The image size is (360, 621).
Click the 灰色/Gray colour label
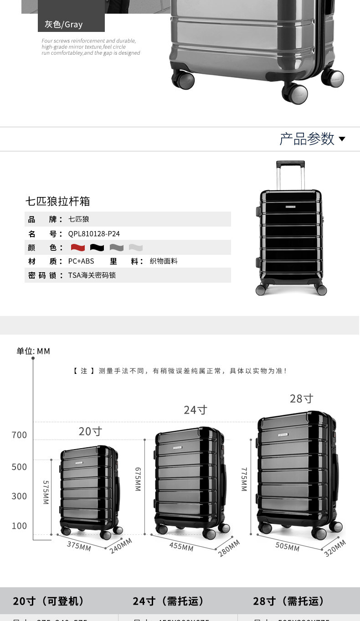64,24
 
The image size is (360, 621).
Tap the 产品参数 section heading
307,139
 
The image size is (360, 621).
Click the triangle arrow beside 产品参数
342,139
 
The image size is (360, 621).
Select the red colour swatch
78,248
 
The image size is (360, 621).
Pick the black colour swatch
97,248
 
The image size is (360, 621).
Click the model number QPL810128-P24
94,234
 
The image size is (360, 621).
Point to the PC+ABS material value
81,261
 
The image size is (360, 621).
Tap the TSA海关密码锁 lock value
92,275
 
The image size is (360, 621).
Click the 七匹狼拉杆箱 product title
58,201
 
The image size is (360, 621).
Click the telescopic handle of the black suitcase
290,173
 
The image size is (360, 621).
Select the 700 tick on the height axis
20,435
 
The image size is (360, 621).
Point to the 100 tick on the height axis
20,526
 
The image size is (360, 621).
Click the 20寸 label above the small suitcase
90,431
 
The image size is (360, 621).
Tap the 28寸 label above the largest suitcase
302,398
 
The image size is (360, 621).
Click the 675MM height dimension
138,479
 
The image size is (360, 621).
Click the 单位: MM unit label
33,351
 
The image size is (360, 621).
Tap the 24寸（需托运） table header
168,601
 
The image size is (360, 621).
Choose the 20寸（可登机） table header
49,601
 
